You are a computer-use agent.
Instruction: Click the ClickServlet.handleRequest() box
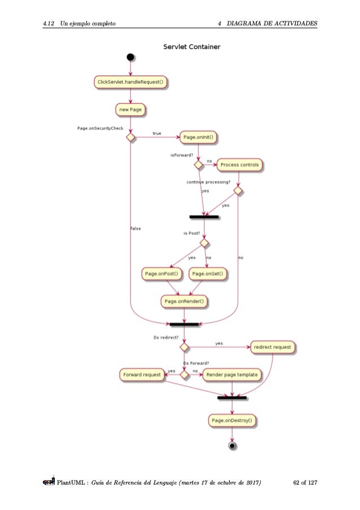click(x=131, y=82)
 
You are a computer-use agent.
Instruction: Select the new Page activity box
click(x=130, y=108)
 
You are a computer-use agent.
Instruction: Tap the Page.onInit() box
click(x=199, y=137)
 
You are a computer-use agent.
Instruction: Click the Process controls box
click(x=239, y=165)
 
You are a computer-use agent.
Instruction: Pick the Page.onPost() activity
click(x=162, y=274)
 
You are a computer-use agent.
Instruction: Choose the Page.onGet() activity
click(x=208, y=274)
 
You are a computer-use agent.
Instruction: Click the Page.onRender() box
click(x=185, y=302)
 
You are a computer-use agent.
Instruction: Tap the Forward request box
click(x=142, y=374)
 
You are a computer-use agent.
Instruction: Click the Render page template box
click(x=232, y=374)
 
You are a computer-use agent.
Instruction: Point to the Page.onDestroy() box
click(x=232, y=420)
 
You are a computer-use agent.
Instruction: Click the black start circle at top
click(x=130, y=56)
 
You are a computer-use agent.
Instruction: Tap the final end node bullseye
click(x=232, y=446)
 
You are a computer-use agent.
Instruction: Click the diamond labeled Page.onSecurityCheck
click(x=130, y=137)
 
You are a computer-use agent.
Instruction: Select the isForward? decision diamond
click(x=199, y=165)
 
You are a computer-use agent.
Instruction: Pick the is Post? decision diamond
click(x=204, y=243)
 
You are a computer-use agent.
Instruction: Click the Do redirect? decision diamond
click(x=184, y=346)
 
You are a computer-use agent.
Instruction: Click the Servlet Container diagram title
click(x=191, y=46)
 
